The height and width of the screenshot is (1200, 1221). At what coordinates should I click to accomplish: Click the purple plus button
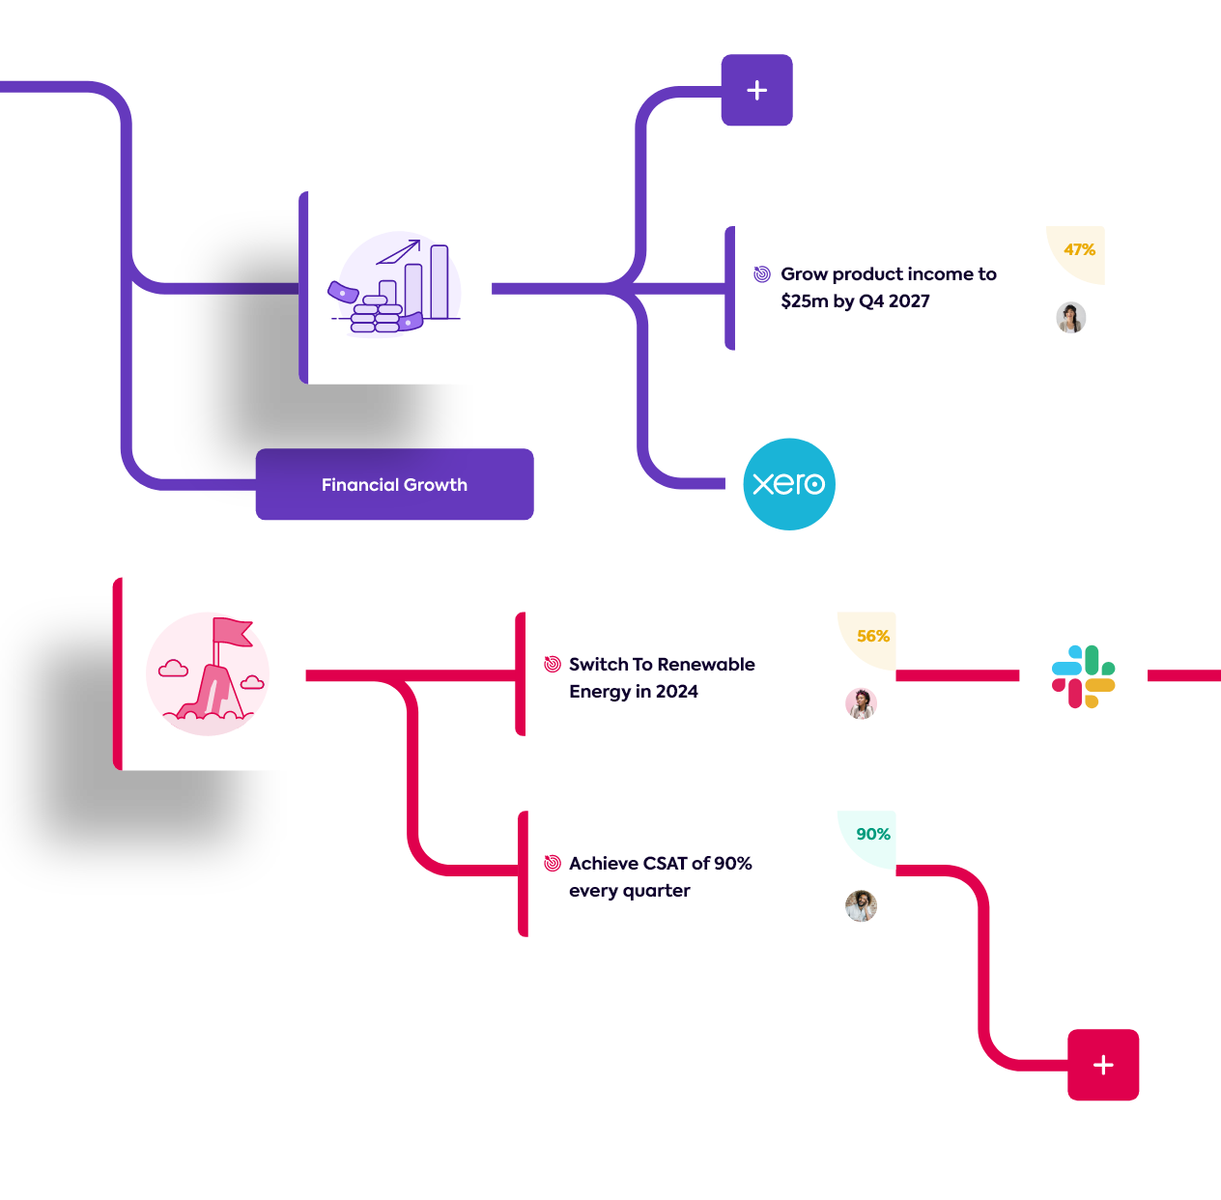(x=757, y=91)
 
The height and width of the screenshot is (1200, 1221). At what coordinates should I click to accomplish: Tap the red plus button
(x=1103, y=1065)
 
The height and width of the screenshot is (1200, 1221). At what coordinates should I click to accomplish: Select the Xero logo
(x=789, y=484)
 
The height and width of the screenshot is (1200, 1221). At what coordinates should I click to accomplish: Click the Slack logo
(x=1084, y=676)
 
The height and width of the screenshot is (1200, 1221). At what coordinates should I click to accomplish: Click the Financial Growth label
(x=394, y=485)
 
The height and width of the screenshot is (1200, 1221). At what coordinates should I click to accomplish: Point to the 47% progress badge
(x=1079, y=250)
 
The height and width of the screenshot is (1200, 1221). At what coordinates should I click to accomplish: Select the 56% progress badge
(x=872, y=637)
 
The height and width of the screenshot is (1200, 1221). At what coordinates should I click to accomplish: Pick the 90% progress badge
(x=872, y=835)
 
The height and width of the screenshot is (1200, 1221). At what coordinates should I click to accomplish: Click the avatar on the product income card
(x=1070, y=318)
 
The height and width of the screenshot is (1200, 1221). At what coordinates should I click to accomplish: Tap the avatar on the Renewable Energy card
(x=861, y=703)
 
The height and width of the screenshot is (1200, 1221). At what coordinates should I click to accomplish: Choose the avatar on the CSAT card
(x=861, y=906)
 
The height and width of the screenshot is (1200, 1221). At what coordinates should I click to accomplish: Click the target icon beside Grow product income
(x=762, y=274)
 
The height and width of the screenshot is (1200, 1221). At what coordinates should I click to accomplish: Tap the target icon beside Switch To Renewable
(x=553, y=664)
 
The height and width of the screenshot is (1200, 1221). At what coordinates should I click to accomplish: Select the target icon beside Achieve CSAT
(x=553, y=863)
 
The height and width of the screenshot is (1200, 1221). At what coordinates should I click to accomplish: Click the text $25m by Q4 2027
(x=855, y=301)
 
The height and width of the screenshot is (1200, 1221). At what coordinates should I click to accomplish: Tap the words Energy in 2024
(x=634, y=692)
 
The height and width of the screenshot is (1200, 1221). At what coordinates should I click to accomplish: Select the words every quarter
(x=630, y=891)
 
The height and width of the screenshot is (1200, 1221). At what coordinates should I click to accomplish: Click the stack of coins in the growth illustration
(x=376, y=316)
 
